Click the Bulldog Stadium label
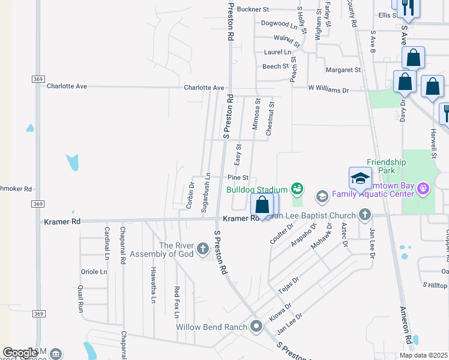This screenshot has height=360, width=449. (256, 190)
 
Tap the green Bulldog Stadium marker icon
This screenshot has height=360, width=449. (297, 190)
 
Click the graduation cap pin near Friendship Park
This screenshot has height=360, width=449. (360, 178)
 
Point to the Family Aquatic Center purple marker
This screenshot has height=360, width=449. (424, 190)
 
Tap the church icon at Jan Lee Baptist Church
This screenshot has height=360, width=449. (365, 215)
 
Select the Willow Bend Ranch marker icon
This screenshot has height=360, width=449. (257, 327)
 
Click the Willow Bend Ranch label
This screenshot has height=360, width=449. (212, 328)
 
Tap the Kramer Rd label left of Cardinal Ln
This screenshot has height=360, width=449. (62, 221)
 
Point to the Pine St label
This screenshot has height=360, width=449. (238, 178)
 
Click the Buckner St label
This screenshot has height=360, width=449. (253, 10)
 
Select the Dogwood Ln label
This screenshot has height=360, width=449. (279, 25)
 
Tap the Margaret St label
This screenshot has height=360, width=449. (343, 70)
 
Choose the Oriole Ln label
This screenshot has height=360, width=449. (94, 271)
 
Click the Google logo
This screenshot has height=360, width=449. (20, 353)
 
